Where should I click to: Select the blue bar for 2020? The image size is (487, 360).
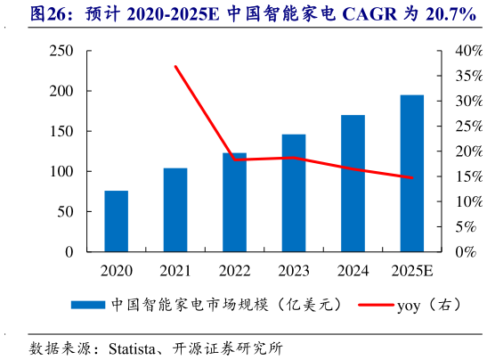116,221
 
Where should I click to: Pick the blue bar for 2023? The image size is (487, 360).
294,192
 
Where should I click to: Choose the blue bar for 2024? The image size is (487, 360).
353,183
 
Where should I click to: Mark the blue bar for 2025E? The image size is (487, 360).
411,173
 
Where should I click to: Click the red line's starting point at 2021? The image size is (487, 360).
175,67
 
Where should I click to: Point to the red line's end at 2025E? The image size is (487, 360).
411,177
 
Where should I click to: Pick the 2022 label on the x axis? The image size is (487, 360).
234,270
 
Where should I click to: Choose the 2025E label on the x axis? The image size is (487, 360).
411,270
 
